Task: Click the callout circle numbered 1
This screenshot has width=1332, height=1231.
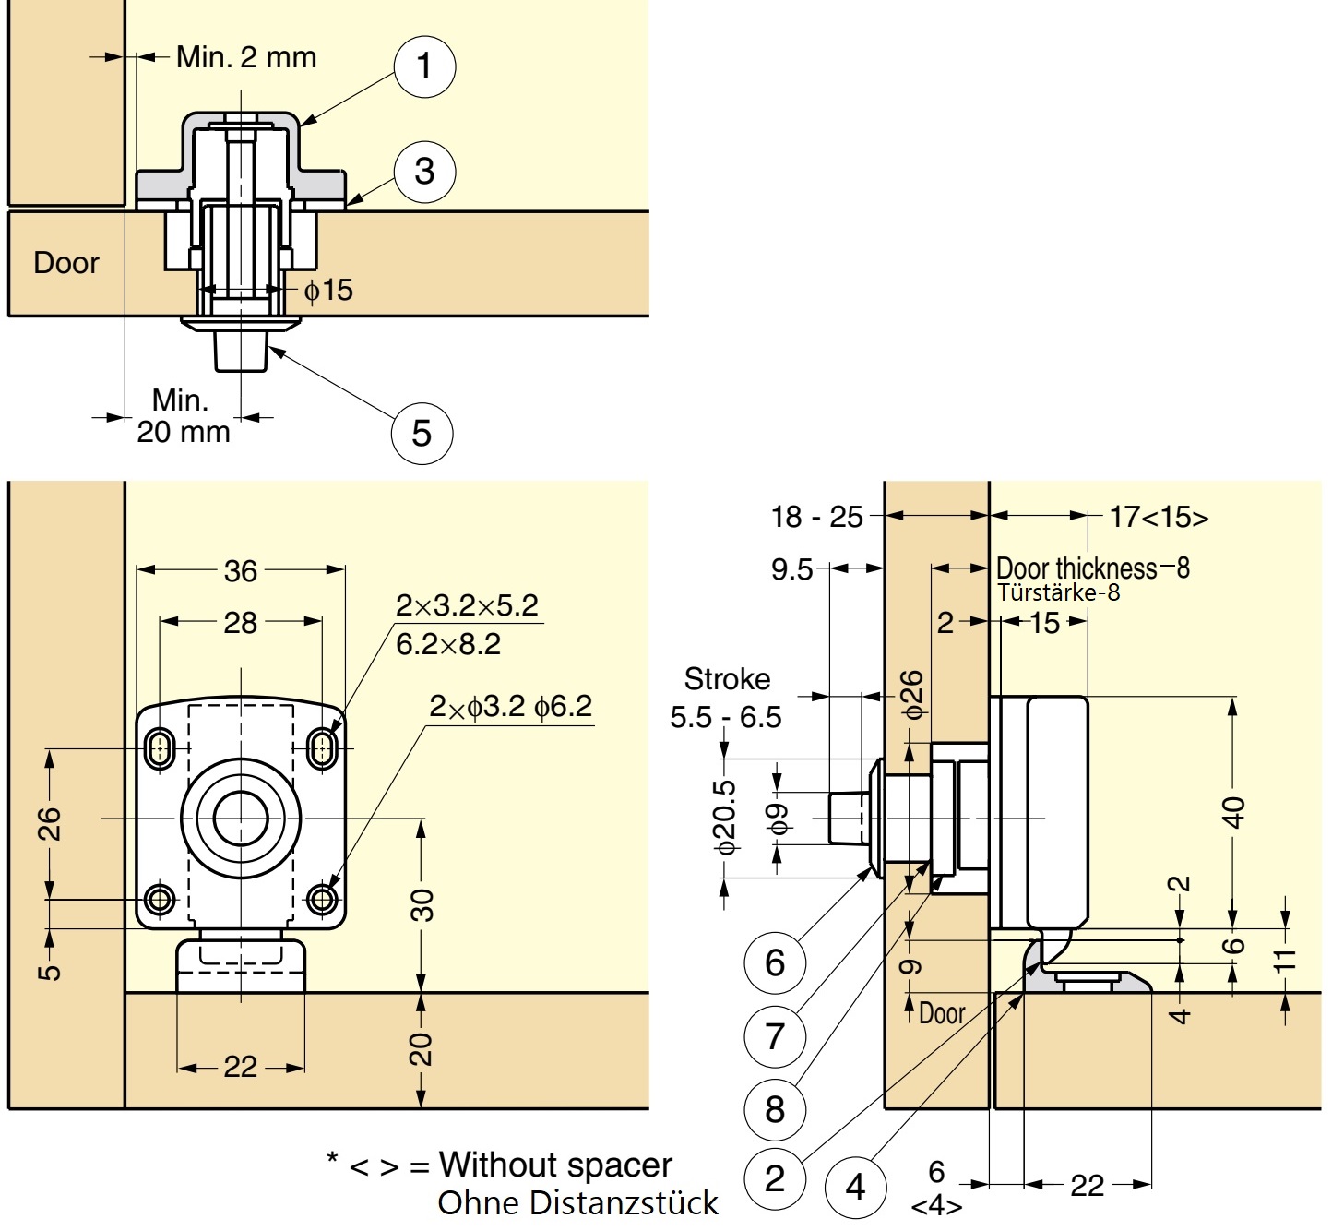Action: (424, 66)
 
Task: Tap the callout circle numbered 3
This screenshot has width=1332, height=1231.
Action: (424, 171)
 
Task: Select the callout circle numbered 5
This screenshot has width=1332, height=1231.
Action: (422, 433)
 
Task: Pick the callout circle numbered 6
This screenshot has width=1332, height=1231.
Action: (775, 962)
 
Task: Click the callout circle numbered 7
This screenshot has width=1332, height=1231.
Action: (775, 1036)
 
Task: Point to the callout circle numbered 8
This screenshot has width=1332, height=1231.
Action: (775, 1109)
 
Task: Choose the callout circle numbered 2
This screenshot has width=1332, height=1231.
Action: (775, 1178)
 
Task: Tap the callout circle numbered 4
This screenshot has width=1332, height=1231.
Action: (855, 1187)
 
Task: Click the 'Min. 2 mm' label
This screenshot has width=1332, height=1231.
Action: (246, 57)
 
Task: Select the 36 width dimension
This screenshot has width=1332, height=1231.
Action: (241, 571)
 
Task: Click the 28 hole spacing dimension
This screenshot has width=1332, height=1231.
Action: (241, 623)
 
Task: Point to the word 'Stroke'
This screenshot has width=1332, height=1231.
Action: (727, 679)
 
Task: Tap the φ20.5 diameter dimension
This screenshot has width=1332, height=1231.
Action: (725, 818)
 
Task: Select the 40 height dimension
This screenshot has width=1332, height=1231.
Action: (1233, 812)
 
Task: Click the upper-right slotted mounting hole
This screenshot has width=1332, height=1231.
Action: (322, 747)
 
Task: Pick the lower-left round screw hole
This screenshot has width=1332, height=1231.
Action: (161, 898)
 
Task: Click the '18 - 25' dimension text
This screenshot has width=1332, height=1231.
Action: (817, 517)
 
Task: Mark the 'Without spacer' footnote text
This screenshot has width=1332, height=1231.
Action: (555, 1165)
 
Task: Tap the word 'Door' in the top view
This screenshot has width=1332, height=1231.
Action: (65, 263)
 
